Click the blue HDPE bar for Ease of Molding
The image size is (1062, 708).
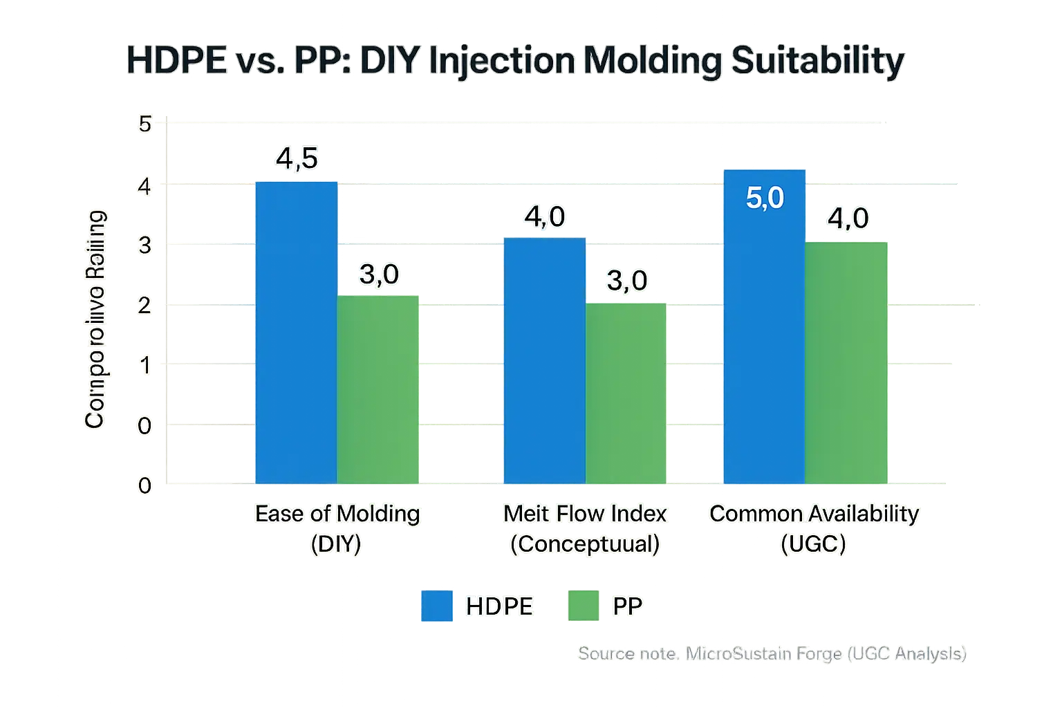296,332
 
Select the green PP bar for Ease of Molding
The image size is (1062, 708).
378,390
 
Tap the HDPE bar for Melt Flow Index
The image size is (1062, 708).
544,360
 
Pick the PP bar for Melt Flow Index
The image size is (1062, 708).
626,393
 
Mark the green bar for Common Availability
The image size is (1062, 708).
846,362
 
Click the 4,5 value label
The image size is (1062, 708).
297,159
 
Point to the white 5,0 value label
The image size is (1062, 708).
765,198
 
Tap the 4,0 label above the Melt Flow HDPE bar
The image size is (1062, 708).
545,217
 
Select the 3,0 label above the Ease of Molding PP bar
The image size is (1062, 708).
379,274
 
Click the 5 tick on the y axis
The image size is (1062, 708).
145,125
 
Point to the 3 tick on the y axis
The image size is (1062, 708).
145,245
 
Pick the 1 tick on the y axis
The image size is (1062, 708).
145,365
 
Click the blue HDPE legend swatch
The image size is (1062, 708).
436,606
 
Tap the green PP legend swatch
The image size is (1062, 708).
583,606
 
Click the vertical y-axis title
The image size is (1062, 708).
95,319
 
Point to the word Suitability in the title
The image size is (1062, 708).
817,62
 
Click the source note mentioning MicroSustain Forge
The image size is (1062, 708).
772,653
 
